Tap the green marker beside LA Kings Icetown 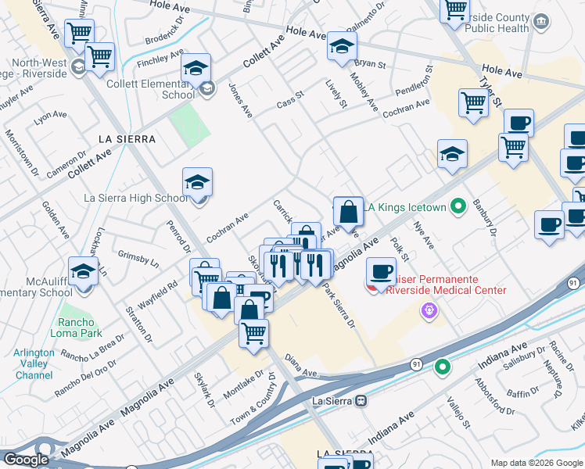[458, 206]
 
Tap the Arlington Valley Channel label [34, 363]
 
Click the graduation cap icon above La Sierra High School [197, 183]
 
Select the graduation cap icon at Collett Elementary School [196, 68]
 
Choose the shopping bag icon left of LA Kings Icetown [348, 211]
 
